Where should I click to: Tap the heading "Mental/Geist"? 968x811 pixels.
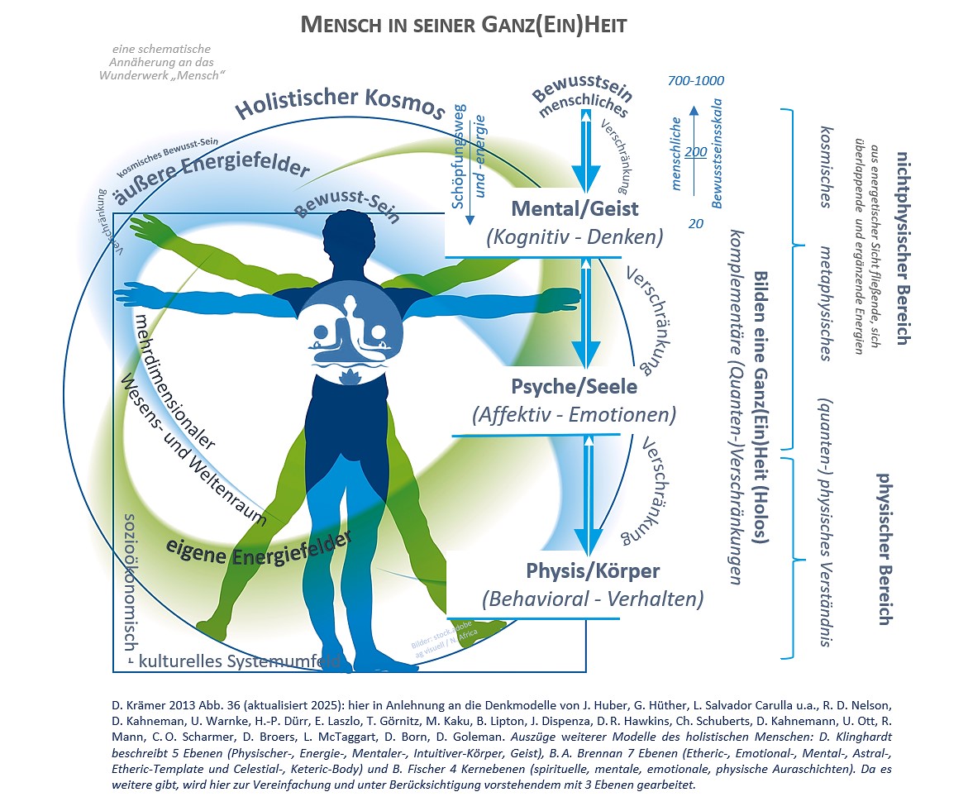(575, 207)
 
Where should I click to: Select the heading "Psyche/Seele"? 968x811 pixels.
(574, 385)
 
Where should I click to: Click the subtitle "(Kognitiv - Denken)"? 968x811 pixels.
(575, 236)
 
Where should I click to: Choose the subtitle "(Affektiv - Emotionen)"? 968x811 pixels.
(575, 414)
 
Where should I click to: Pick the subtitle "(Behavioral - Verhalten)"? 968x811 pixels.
(593, 599)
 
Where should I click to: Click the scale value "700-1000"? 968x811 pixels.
(695, 81)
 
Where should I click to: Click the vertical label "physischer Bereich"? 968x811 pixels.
(883, 549)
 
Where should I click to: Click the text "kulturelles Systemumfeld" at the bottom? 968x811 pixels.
(240, 661)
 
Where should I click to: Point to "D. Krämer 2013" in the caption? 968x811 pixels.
(152, 705)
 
